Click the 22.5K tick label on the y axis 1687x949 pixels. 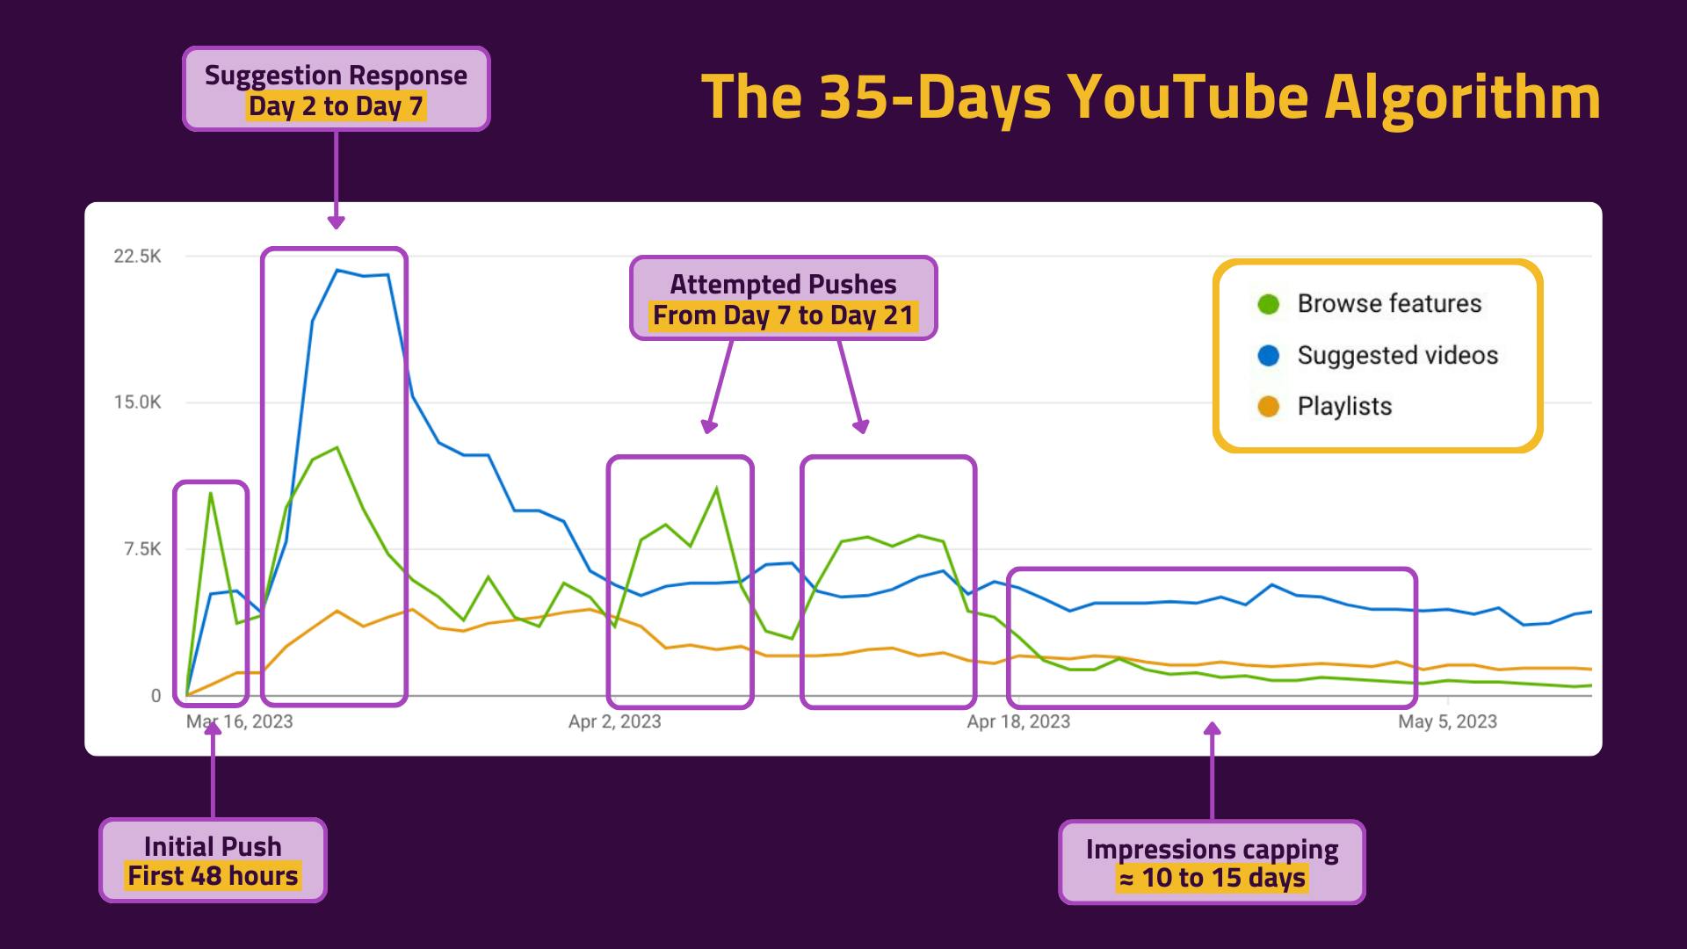pyautogui.click(x=137, y=257)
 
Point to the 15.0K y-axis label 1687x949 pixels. pyautogui.click(x=137, y=402)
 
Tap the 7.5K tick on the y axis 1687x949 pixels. pyautogui.click(x=143, y=549)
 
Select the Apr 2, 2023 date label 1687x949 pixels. pyautogui.click(x=614, y=721)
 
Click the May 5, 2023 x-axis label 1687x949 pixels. pyautogui.click(x=1447, y=721)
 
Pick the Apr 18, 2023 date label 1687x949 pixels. pyautogui.click(x=1018, y=721)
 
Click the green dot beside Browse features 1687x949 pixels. pyautogui.click(x=1268, y=304)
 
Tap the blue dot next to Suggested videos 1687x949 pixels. pyautogui.click(x=1268, y=355)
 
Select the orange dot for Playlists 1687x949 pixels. pyautogui.click(x=1268, y=407)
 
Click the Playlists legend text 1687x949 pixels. pyautogui.click(x=1344, y=407)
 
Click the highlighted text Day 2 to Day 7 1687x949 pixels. pyautogui.click(x=336, y=106)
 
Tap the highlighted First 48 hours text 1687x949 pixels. pyautogui.click(x=213, y=876)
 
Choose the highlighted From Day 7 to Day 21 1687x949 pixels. pyautogui.click(x=784, y=315)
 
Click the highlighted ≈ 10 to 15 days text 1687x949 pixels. pyautogui.click(x=1212, y=878)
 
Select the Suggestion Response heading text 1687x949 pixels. pyautogui.click(x=336, y=76)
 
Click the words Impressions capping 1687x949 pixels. pyautogui.click(x=1212, y=849)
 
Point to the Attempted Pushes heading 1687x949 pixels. pyautogui.click(x=784, y=285)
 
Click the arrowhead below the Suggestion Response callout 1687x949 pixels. pyautogui.click(x=336, y=222)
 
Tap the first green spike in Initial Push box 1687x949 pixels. pyautogui.click(x=211, y=493)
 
